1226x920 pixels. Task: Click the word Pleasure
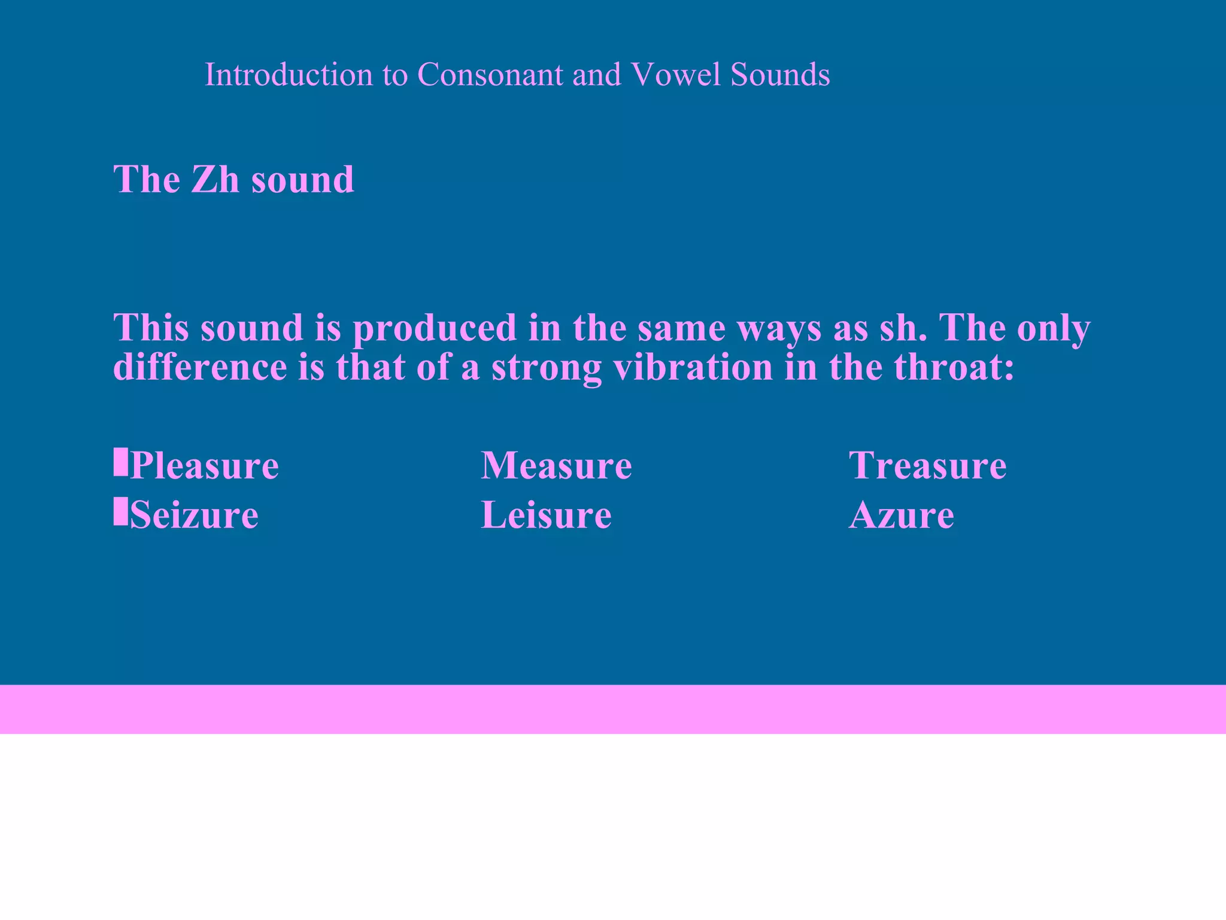(x=204, y=465)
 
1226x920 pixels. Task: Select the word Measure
(x=556, y=465)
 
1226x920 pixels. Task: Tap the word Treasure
(x=928, y=465)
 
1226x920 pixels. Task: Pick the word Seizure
(x=194, y=515)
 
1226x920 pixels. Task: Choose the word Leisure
(x=546, y=515)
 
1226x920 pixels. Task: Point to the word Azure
(x=902, y=515)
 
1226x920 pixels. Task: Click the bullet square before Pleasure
(x=120, y=462)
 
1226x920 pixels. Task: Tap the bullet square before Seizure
(x=120, y=512)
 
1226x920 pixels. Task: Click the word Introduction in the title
(x=288, y=75)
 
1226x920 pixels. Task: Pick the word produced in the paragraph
(x=434, y=328)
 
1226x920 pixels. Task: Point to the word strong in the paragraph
(x=546, y=368)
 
